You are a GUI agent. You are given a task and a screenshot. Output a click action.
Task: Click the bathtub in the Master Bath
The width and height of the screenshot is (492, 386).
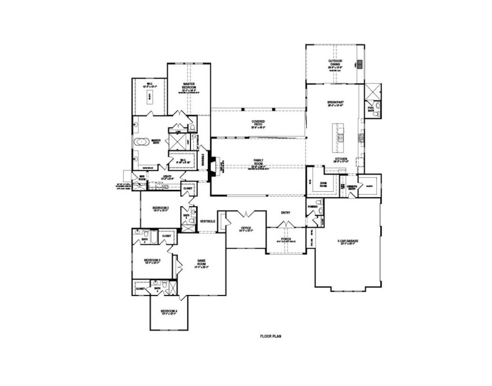click(142, 142)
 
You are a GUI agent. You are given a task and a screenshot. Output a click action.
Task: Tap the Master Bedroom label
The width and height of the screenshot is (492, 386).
click(189, 86)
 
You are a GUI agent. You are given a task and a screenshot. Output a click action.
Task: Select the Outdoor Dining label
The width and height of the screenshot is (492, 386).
click(335, 63)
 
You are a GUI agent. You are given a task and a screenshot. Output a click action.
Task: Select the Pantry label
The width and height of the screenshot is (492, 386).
click(370, 186)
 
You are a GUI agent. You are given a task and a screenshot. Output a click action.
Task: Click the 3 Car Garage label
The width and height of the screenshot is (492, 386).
click(347, 241)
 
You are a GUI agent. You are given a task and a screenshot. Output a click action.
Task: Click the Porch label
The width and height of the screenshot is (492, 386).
click(286, 239)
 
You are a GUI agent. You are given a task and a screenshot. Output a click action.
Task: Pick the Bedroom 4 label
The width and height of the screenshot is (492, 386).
click(169, 311)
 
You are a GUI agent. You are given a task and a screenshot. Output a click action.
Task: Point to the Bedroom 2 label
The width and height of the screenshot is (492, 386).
click(161, 208)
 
